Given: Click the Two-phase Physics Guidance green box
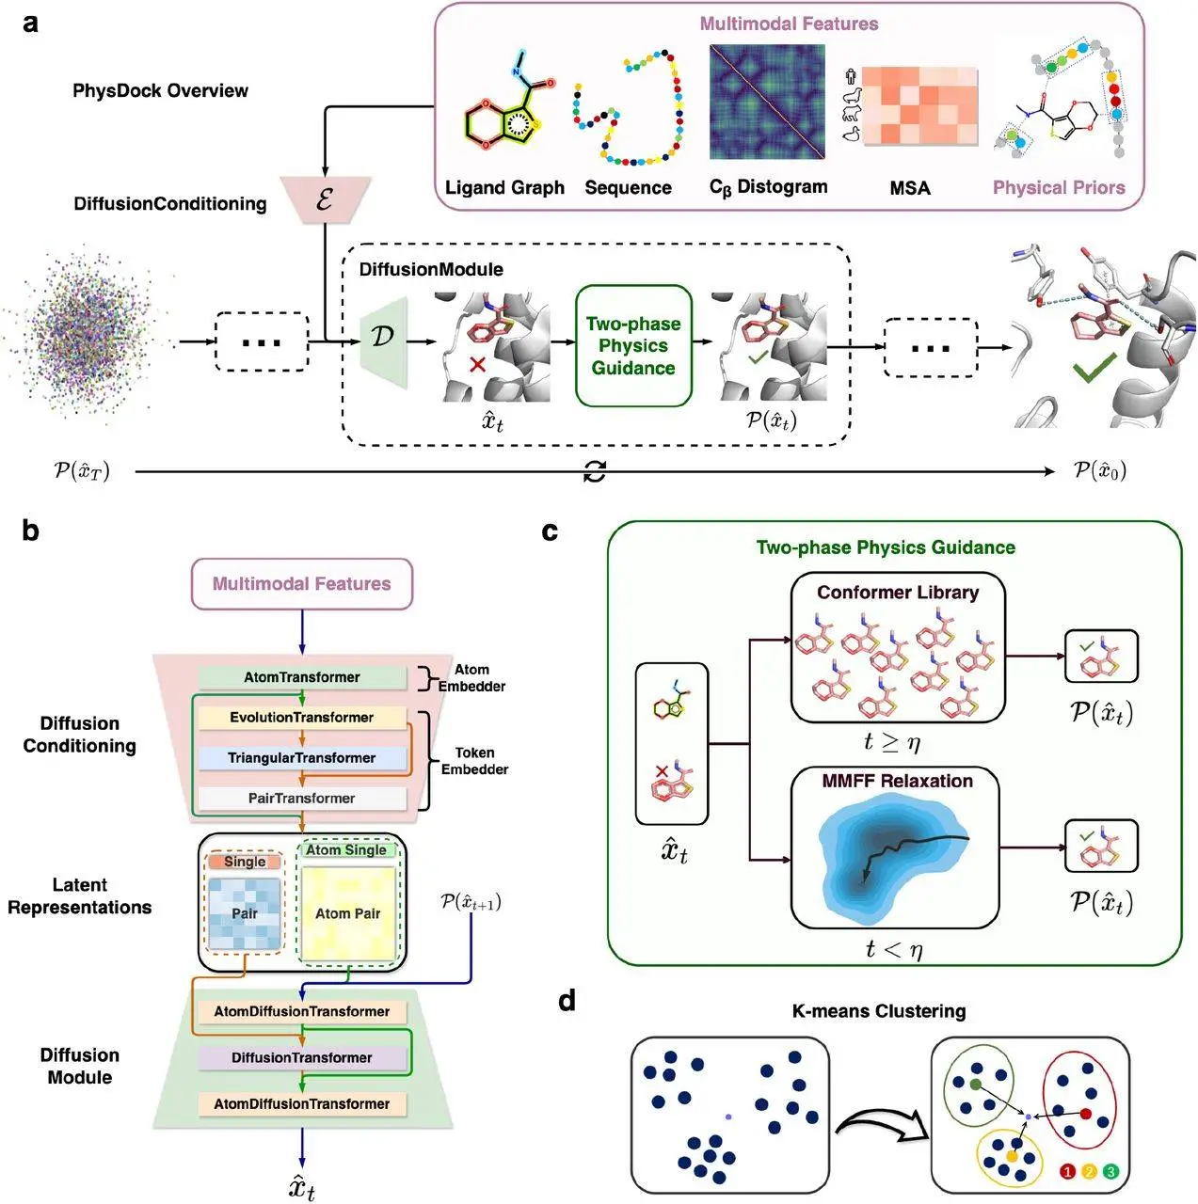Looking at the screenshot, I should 633,346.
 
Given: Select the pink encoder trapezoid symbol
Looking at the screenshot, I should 325,199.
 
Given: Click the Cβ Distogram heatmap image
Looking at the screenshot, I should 767,102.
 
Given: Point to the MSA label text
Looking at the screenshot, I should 909,188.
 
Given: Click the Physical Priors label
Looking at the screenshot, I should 1059,187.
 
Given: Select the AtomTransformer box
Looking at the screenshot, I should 302,677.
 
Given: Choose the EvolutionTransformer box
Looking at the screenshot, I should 302,718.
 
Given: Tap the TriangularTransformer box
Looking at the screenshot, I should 302,758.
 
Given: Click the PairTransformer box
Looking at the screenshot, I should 302,799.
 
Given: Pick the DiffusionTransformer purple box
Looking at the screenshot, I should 302,1058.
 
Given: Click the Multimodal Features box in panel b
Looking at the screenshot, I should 302,584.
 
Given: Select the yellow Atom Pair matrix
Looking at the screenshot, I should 347,912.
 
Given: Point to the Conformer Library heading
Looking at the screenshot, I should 898,593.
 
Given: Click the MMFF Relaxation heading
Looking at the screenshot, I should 897,781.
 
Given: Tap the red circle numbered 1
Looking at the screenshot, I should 1067,1172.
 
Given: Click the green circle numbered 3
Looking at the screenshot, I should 1110,1172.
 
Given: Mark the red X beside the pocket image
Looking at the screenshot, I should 477,363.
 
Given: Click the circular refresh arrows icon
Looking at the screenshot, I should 595,472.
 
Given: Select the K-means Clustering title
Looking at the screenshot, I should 879,1011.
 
